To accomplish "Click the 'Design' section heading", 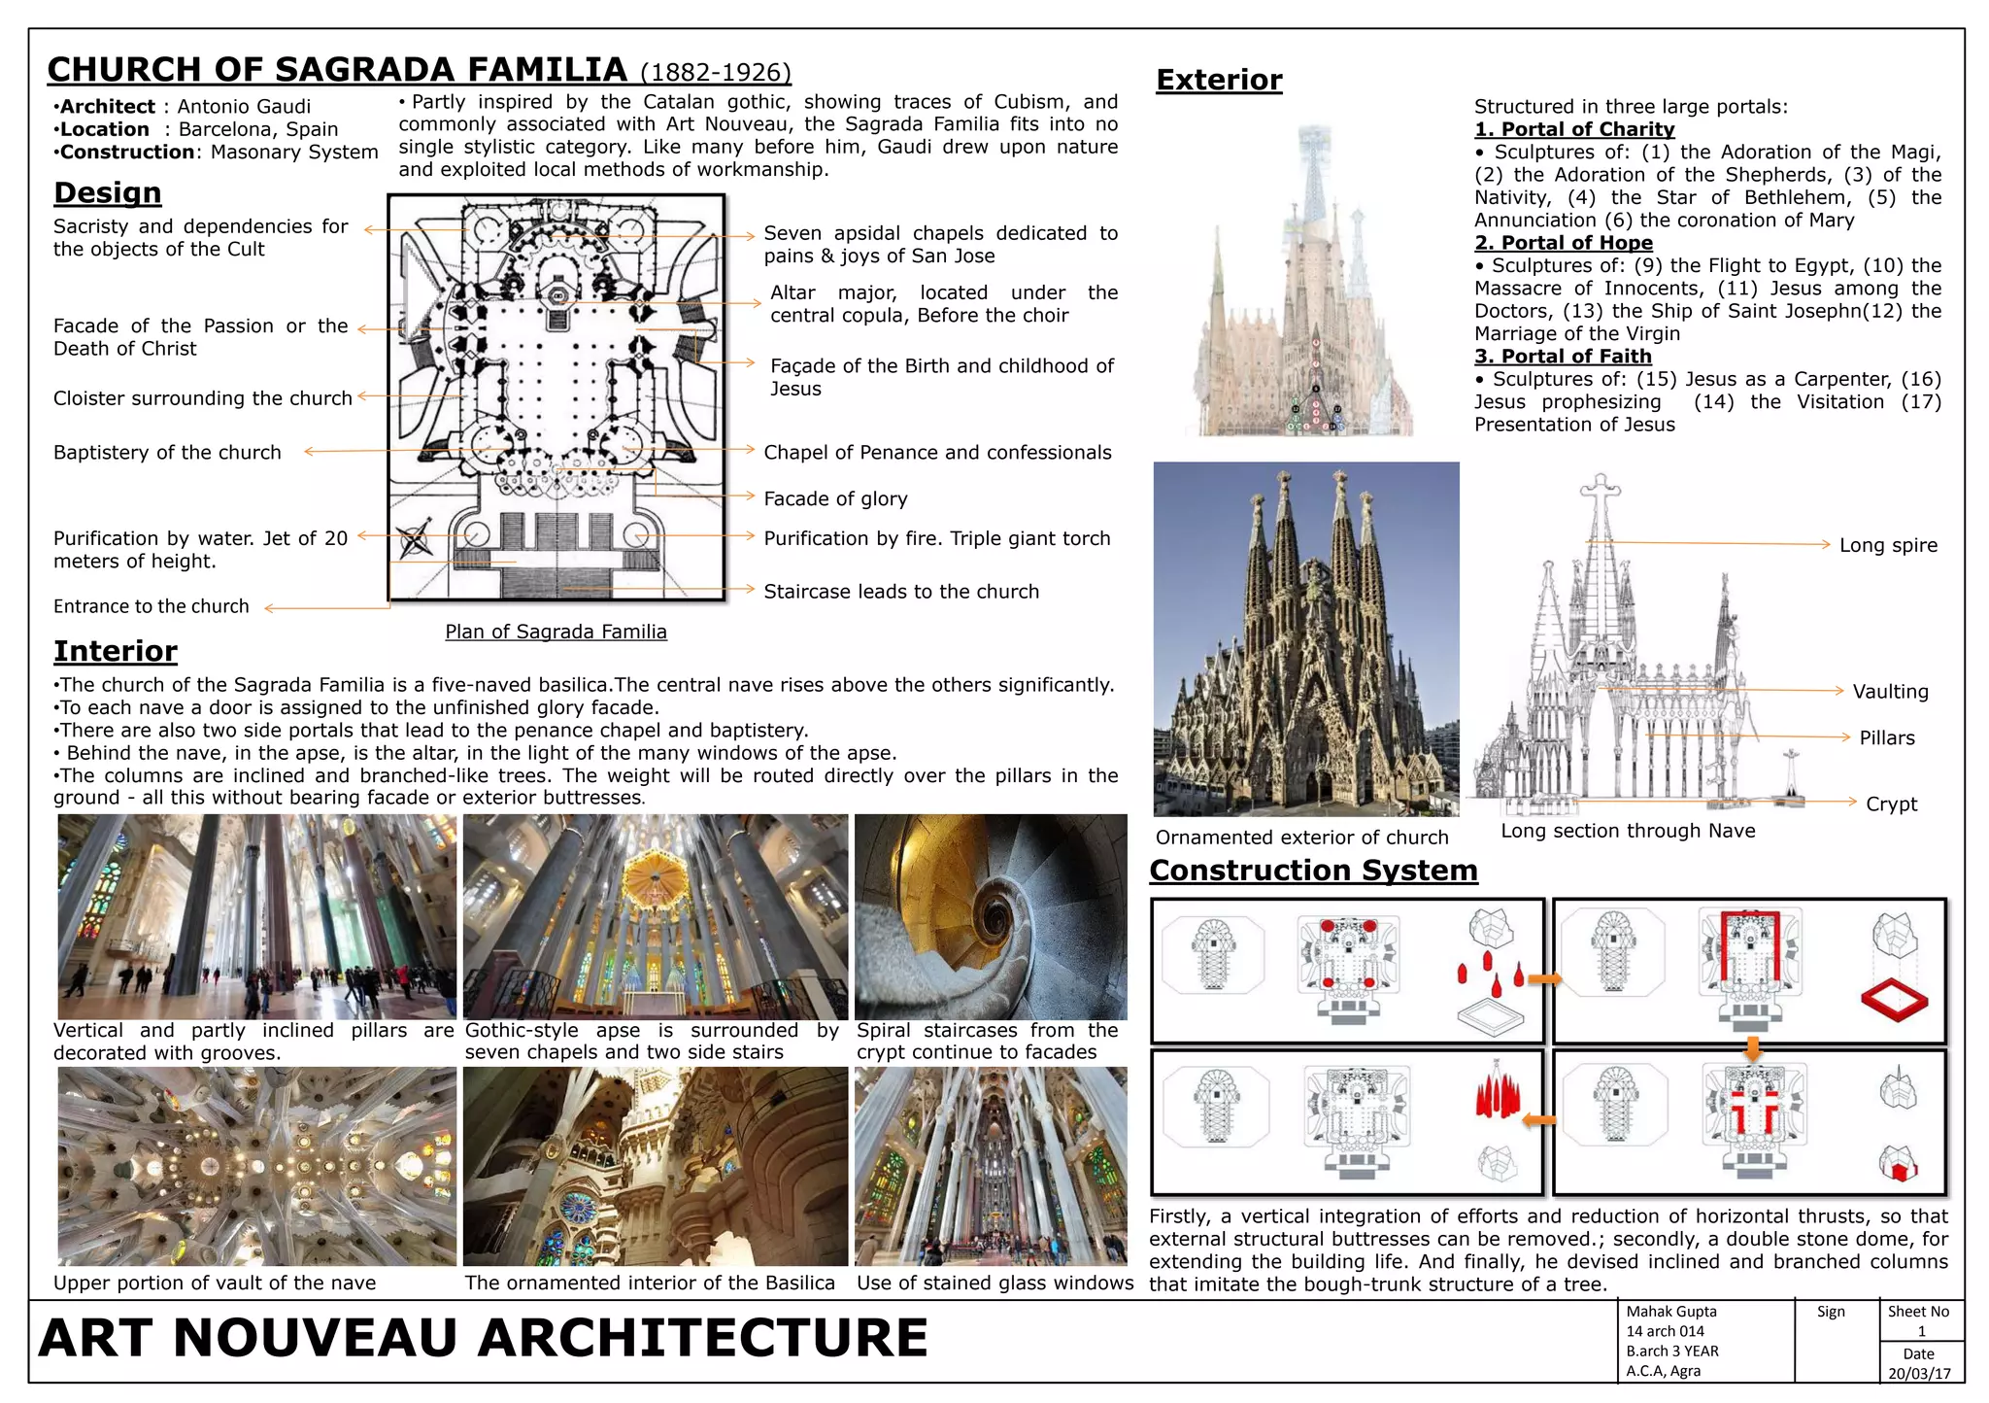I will pos(107,192).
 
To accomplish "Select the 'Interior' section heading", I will pos(116,650).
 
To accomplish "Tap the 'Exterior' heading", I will pos(1219,80).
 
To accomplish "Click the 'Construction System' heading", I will pos(1313,870).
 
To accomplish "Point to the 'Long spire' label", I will pos(1888,545).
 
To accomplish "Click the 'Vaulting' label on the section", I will pos(1890,692).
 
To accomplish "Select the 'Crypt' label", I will pos(1891,804).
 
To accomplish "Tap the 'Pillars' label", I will pos(1887,737).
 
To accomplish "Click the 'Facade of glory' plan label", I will pos(835,498).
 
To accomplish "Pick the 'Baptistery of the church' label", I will pos(167,452).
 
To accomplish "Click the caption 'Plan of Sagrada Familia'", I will pos(556,632).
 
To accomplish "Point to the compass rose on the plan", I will pos(415,541).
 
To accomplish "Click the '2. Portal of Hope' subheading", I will pos(1563,243).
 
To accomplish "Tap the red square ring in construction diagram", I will pos(1894,1000).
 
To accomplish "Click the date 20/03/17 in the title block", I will pos(1919,1374).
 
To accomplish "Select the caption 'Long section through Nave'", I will pos(1628,831).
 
